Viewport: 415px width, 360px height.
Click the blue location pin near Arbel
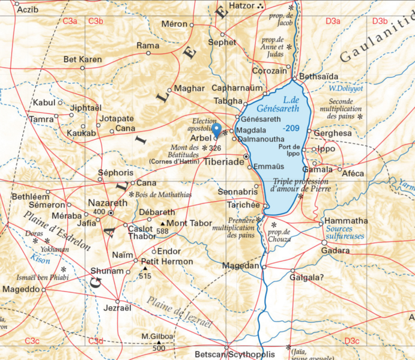[x=216, y=130]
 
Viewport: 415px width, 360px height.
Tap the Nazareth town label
[x=108, y=203]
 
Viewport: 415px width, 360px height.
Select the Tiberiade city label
[x=223, y=162]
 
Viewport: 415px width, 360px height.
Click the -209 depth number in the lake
[x=291, y=128]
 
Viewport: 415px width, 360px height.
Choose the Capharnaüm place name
[x=237, y=88]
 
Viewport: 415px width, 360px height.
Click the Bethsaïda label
[x=318, y=77]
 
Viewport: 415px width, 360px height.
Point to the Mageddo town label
[x=20, y=289]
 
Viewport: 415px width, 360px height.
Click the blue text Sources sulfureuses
[x=345, y=233]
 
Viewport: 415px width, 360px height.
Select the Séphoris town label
[x=115, y=172]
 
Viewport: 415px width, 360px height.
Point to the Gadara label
[x=335, y=250]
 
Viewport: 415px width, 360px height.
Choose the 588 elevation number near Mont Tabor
[x=162, y=231]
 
